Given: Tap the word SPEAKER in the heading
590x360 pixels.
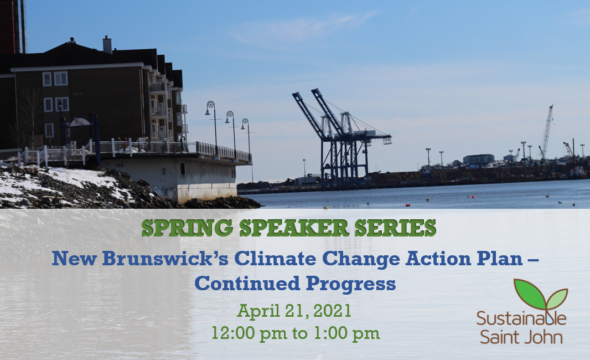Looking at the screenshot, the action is click(293, 228).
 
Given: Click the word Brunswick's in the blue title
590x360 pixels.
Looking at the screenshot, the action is click(165, 258).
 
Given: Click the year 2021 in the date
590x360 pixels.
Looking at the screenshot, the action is click(332, 311).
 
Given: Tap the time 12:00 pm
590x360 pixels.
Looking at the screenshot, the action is click(249, 333).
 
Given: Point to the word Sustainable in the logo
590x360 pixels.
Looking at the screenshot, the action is click(521, 318).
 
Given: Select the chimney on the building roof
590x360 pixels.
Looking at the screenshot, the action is click(107, 45).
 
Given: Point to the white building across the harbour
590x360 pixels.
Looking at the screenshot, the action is click(479, 159).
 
